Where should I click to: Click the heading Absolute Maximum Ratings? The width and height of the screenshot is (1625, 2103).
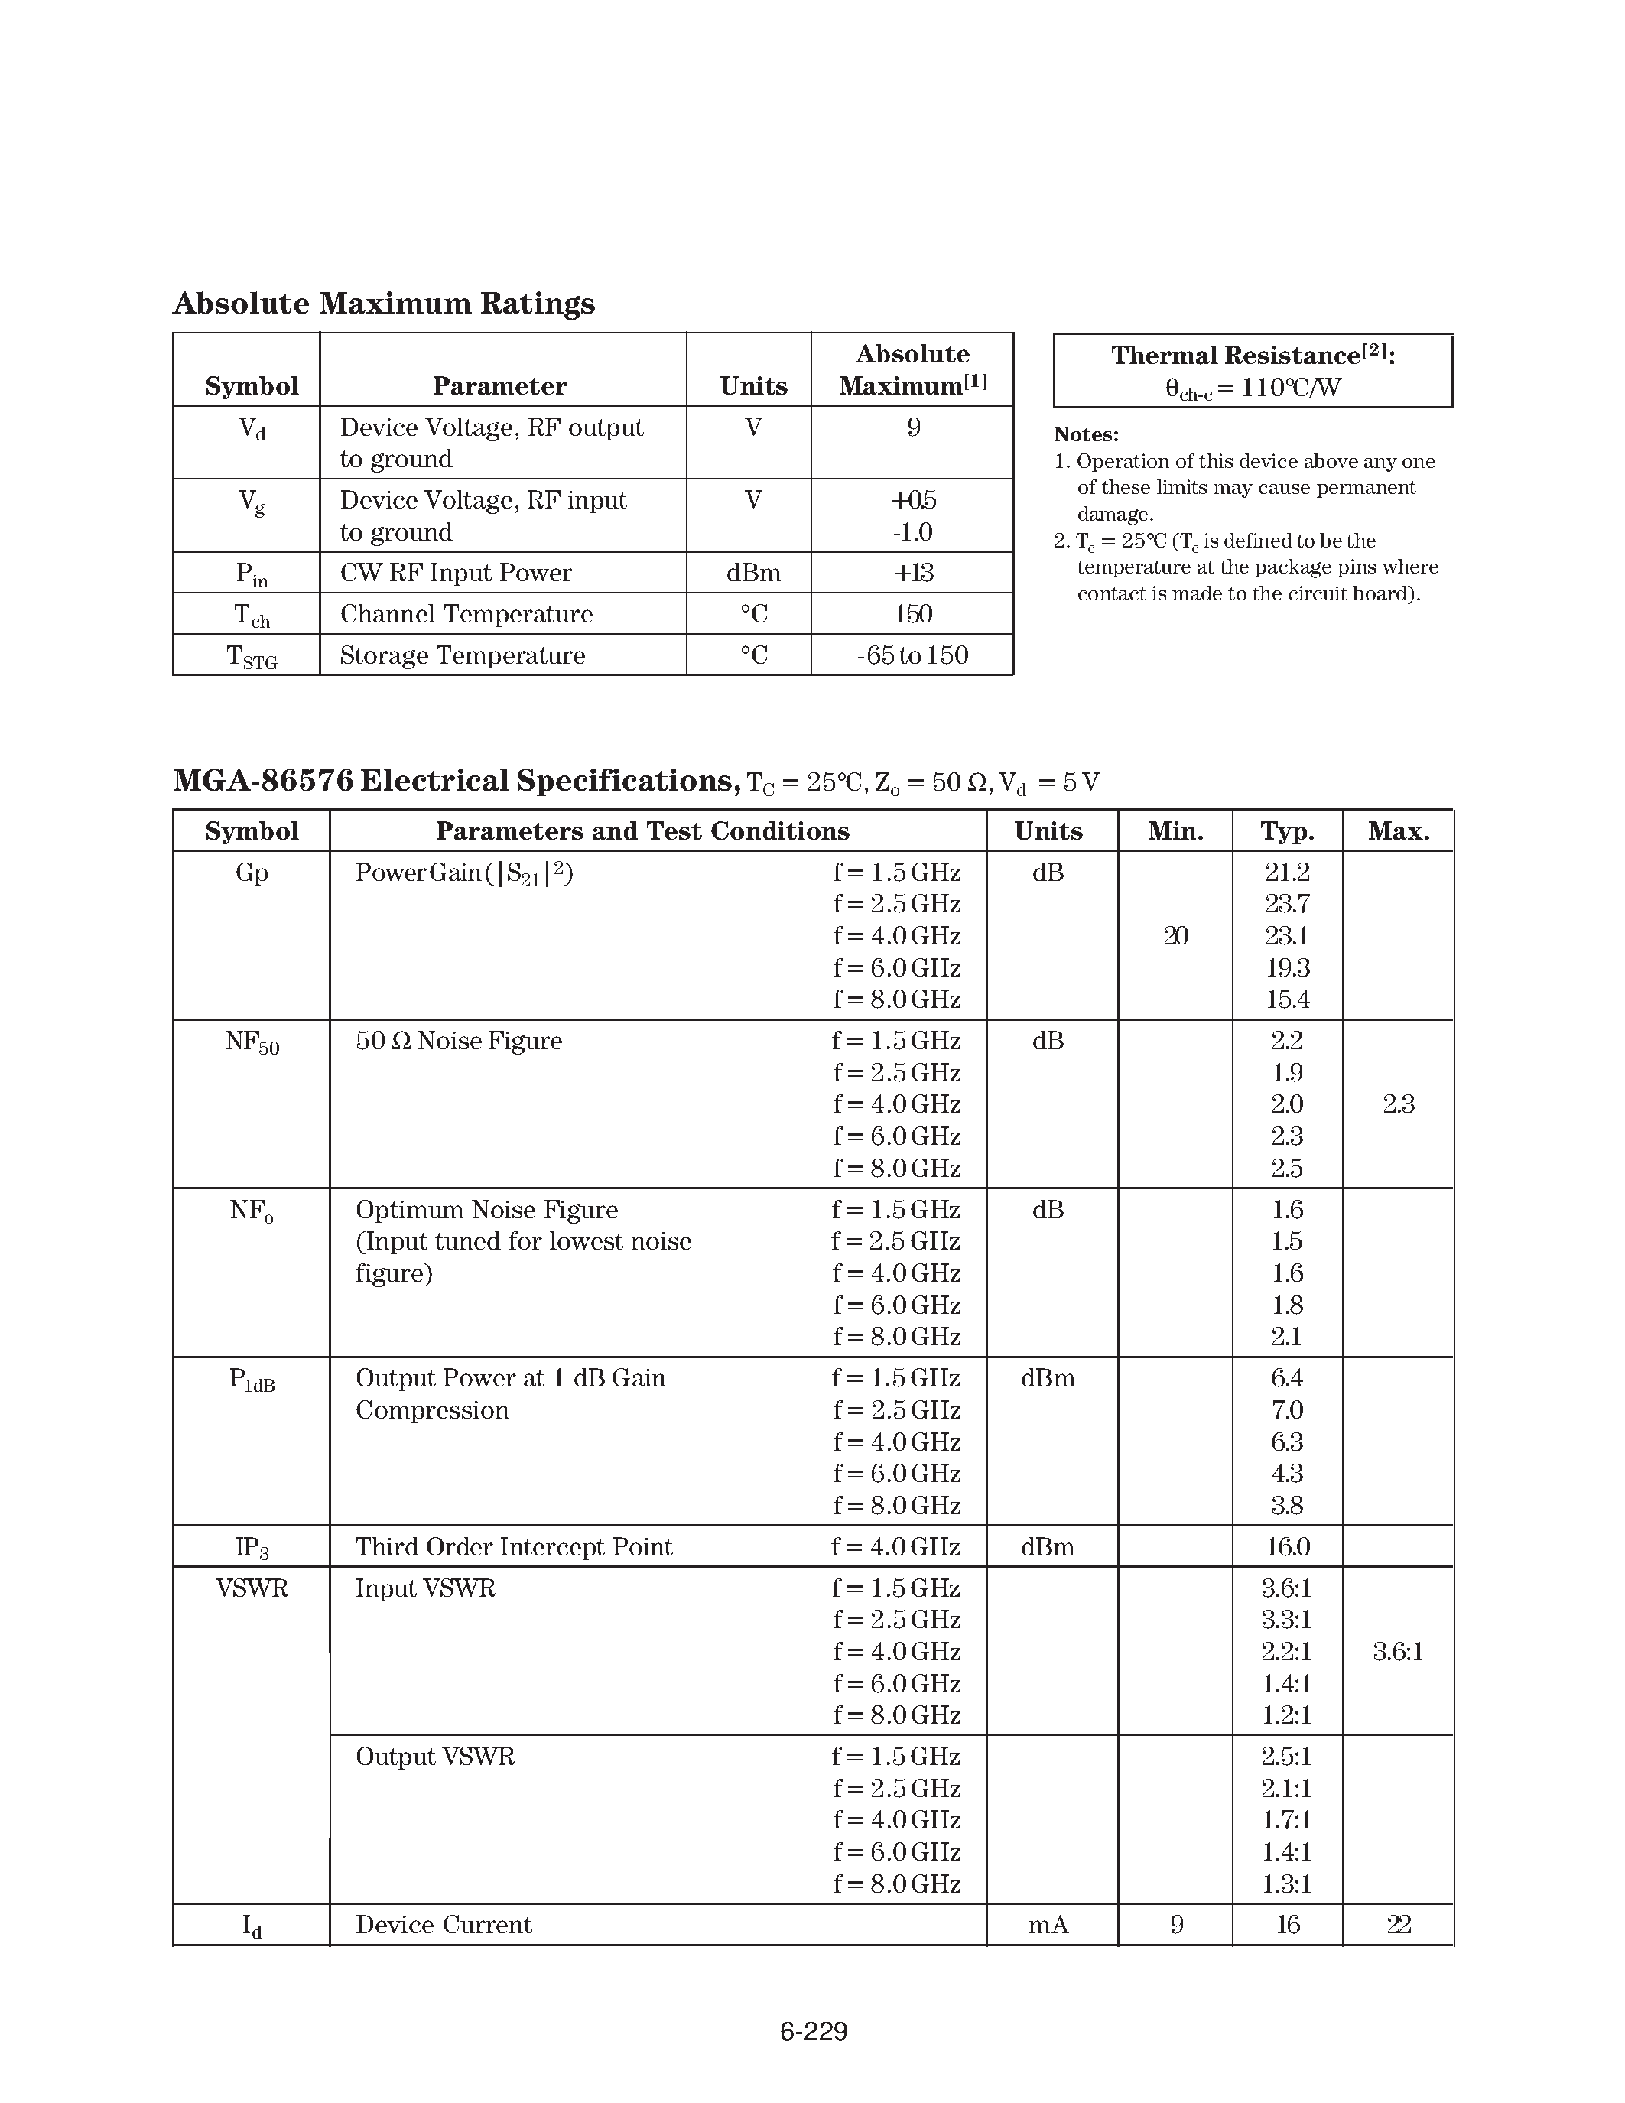pos(383,304)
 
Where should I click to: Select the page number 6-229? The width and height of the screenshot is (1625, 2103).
pos(814,2031)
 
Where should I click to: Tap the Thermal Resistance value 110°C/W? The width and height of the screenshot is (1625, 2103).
pos(1253,388)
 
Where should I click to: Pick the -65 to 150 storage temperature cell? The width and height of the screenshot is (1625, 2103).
pos(912,655)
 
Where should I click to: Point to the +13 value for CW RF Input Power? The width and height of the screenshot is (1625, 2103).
pos(912,573)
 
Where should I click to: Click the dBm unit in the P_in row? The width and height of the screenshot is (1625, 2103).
pos(752,573)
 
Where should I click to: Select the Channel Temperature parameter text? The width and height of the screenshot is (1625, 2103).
pos(466,614)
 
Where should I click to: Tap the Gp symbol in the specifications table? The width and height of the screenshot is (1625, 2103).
pos(252,873)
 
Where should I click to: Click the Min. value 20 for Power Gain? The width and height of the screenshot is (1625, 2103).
pos(1175,936)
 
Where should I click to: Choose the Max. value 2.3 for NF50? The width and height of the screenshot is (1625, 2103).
pos(1398,1104)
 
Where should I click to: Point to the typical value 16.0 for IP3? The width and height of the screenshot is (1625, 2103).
pos(1287,1546)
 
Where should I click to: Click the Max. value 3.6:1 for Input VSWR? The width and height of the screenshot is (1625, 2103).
pos(1398,1653)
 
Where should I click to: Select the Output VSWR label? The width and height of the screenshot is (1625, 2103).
pos(435,1757)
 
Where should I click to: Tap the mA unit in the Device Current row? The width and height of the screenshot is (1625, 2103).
pos(1048,1925)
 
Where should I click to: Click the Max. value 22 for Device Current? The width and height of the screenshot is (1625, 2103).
pos(1398,1925)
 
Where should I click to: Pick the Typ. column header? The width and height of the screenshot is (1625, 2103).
pos(1287,831)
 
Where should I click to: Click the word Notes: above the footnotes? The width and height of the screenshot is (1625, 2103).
pos(1086,434)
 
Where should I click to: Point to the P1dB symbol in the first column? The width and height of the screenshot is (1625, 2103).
pos(252,1380)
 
